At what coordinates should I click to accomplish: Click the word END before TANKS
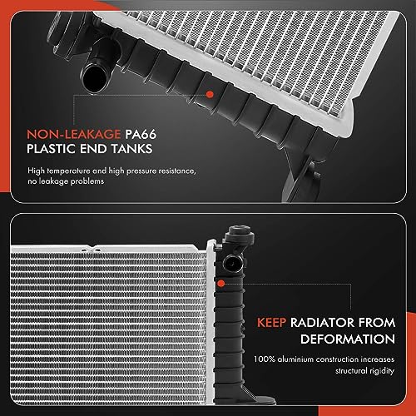(x=102, y=150)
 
